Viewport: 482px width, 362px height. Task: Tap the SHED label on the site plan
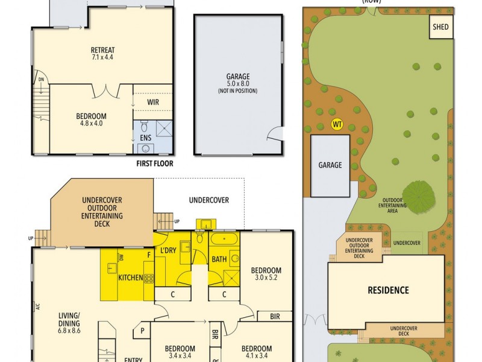440,27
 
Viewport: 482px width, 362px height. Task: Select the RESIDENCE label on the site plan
388,290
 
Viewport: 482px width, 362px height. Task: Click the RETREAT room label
102,50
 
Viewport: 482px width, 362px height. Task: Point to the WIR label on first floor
153,102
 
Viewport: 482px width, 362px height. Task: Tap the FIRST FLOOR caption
155,164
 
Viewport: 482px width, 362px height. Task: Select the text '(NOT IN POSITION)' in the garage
237,91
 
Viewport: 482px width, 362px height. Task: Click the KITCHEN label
130,278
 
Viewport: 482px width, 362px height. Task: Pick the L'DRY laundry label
168,250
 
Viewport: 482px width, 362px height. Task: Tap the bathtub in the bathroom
224,240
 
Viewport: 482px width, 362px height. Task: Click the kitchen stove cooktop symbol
148,278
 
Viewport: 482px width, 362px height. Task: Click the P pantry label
143,331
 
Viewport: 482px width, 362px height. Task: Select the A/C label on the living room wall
37,306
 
